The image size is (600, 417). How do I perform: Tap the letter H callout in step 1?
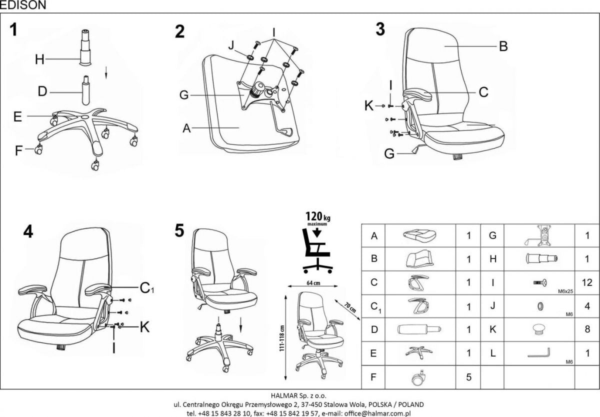40,60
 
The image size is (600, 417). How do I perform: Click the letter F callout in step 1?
19,150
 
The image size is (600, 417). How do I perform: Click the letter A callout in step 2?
187,128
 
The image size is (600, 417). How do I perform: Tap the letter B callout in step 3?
503,46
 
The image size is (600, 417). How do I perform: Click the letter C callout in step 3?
483,92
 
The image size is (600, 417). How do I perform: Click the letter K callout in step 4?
144,327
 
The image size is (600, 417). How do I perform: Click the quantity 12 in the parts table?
587,282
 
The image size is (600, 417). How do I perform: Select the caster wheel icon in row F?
418,377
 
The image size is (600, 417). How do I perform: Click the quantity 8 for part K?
587,329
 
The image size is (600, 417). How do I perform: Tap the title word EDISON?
23,5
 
